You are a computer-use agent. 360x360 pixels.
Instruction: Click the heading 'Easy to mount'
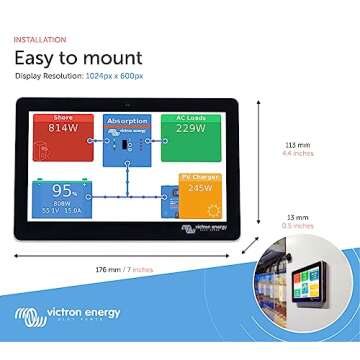pos(78,57)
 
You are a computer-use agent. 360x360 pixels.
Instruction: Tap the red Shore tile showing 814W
pos(62,136)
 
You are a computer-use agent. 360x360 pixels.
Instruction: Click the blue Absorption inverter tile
pos(126,140)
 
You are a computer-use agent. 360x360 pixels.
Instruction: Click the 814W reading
pos(62,128)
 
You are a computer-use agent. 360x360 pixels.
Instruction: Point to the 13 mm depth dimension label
pos(297,216)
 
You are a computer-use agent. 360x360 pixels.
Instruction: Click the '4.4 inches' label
pos(298,155)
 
